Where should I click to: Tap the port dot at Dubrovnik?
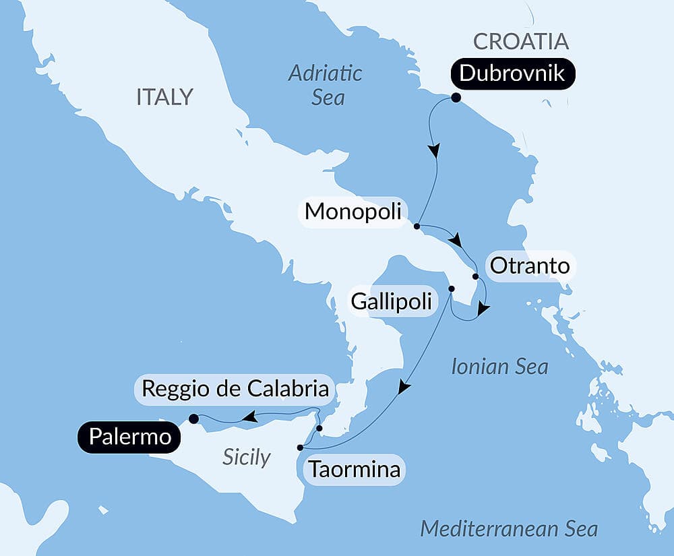[x=456, y=98]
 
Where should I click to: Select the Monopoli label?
[x=353, y=212]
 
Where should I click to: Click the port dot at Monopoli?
[x=417, y=226]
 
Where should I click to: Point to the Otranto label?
[x=530, y=266]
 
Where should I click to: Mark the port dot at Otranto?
[x=475, y=276]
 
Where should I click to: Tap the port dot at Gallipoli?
[x=452, y=289]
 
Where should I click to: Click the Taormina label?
[x=355, y=468]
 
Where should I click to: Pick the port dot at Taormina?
[x=300, y=447]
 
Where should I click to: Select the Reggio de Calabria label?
[x=235, y=389]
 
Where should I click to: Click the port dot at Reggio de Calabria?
[x=319, y=428]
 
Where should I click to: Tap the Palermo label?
[x=129, y=437]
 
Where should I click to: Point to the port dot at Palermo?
[x=193, y=419]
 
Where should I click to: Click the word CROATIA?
[x=521, y=41]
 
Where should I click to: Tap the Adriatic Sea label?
[x=326, y=85]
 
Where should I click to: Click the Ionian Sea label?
[x=499, y=367]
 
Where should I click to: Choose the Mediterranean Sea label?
[x=509, y=529]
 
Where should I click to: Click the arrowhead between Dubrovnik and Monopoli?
[x=435, y=150]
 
